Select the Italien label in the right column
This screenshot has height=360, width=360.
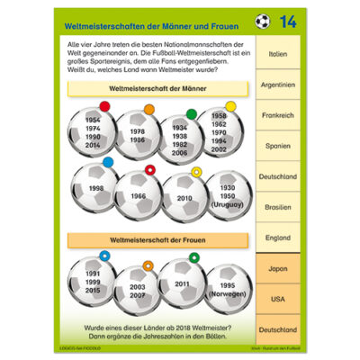coord(279,54)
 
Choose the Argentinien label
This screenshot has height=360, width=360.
coord(279,85)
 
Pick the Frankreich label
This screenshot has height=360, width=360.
coord(279,115)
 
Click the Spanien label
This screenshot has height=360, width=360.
coord(279,146)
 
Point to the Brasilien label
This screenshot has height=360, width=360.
coord(279,207)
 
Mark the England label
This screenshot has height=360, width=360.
coord(279,238)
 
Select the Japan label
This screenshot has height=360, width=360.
coord(279,268)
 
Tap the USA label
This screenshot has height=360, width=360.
coord(279,299)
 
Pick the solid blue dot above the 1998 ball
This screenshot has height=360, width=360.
coord(109,162)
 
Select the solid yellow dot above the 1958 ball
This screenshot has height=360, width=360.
coord(230,106)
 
